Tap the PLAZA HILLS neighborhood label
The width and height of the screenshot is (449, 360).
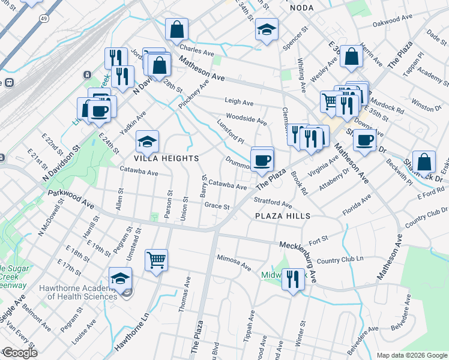pos(282,216)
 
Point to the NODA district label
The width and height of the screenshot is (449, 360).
pos(302,8)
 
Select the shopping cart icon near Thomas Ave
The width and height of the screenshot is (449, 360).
pos(156,260)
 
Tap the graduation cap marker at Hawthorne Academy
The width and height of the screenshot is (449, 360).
pos(121,280)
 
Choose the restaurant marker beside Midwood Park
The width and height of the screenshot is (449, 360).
pos(293,279)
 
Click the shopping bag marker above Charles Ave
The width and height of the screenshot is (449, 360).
pos(177,29)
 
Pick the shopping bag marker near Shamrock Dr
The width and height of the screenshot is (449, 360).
pos(424,161)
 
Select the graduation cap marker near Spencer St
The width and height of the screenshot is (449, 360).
pos(265,30)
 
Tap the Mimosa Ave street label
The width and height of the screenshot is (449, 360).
pos(234,262)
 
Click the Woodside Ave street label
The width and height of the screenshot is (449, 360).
pos(247,119)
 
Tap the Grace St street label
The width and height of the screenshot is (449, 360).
pos(217,206)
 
